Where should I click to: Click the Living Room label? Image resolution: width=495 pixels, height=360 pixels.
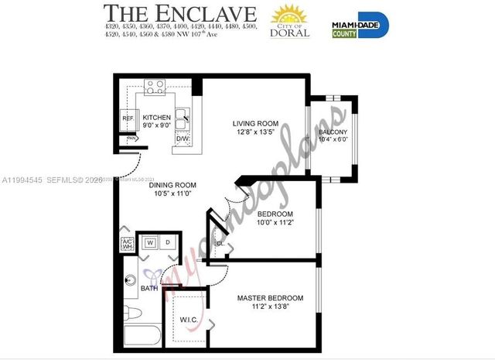point(255,123)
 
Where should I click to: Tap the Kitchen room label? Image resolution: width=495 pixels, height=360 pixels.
point(157,118)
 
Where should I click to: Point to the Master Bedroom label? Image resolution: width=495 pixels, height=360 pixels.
point(270,298)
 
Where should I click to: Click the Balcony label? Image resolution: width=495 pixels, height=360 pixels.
point(333,132)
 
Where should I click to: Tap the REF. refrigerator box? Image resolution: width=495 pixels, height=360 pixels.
point(128,118)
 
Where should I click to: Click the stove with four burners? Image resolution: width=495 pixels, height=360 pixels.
point(155,87)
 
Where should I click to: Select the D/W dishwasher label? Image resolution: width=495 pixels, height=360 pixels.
point(182,139)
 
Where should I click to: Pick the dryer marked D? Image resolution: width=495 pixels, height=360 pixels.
point(168,242)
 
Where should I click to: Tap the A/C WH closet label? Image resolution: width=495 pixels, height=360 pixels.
point(128,245)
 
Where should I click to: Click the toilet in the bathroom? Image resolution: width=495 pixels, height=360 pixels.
point(132,314)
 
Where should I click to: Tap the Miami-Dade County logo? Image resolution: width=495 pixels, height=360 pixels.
point(360,24)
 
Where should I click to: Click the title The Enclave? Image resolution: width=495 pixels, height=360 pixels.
point(179,13)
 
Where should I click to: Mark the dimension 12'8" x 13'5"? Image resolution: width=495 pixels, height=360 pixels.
point(255,132)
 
